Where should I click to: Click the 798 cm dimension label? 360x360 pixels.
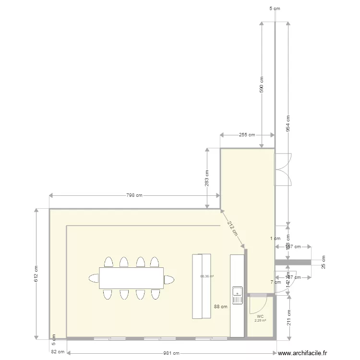pyautogui.click(x=134, y=196)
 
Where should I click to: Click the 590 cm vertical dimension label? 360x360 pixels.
pyautogui.click(x=262, y=85)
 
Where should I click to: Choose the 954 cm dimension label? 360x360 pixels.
pyautogui.click(x=288, y=124)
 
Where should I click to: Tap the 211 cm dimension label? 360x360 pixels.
pyautogui.click(x=288, y=317)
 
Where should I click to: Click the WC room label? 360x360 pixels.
pyautogui.click(x=260, y=317)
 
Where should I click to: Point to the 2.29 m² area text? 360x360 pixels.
pyautogui.click(x=260, y=321)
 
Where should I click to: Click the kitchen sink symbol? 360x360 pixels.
pyautogui.click(x=238, y=295)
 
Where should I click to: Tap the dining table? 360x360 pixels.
pyautogui.click(x=131, y=278)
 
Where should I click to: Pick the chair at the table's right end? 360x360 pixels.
pyautogui.click(x=168, y=278)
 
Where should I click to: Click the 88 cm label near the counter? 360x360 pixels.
pyautogui.click(x=221, y=306)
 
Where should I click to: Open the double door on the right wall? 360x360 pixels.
pyautogui.click(x=283, y=169)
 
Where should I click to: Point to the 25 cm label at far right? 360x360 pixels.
pyautogui.click(x=323, y=262)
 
